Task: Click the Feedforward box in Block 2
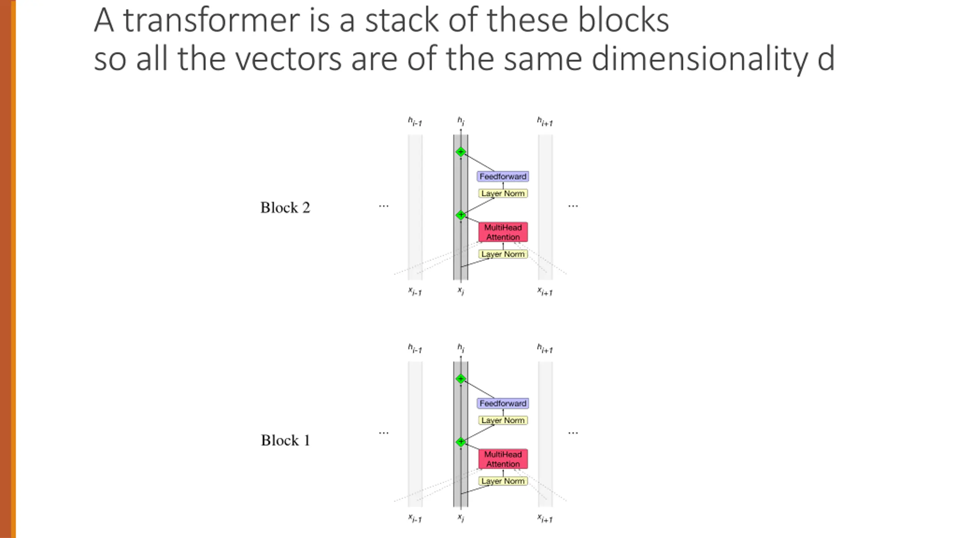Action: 503,176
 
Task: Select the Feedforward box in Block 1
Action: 503,403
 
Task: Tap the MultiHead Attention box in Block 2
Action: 503,232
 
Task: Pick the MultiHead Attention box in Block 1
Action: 503,459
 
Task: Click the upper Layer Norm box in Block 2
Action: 503,194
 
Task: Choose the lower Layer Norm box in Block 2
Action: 503,254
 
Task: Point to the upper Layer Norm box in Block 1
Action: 503,420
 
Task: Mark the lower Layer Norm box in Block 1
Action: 503,481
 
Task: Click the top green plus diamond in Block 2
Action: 461,152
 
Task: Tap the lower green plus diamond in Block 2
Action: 461,215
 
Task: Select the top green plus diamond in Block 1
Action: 461,379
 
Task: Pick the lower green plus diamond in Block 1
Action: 461,442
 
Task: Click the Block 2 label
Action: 285,208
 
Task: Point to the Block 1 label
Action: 285,440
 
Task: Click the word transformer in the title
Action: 211,21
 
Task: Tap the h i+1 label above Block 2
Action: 545,121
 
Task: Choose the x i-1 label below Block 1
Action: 415,519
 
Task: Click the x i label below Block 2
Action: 461,291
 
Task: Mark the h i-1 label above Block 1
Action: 415,349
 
